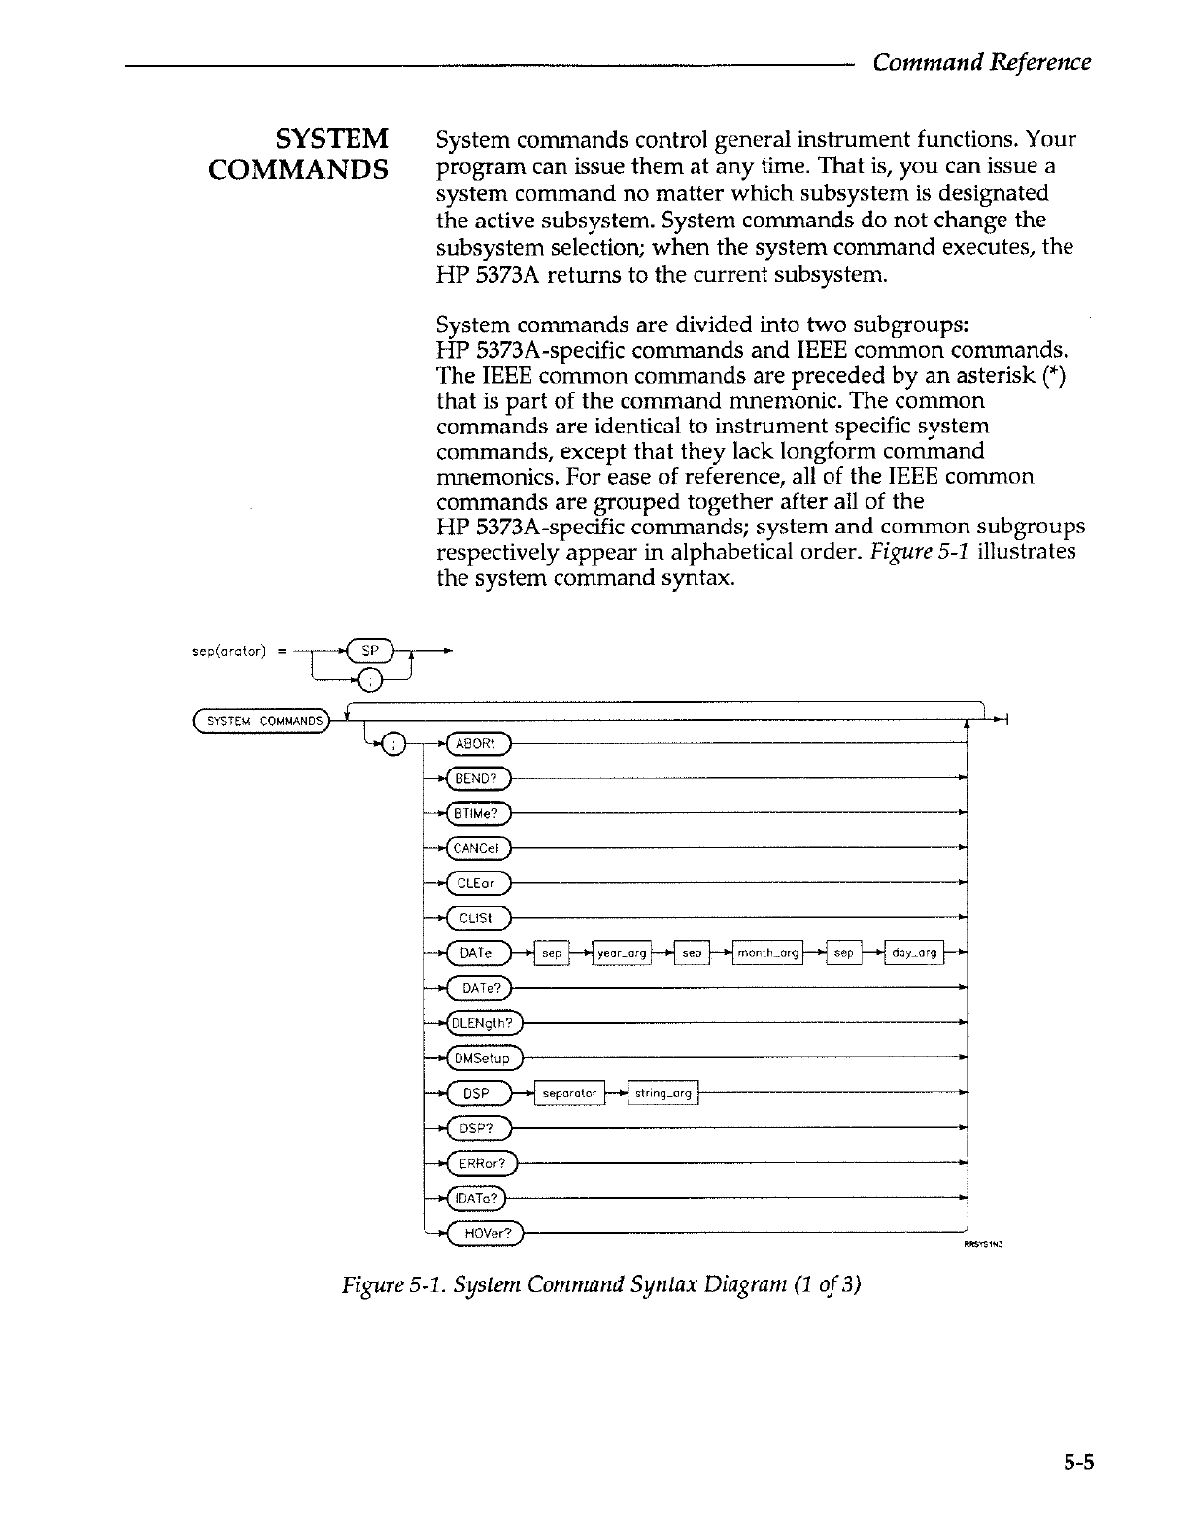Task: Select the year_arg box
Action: click(623, 953)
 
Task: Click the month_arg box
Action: click(767, 953)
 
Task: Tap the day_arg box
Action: click(914, 953)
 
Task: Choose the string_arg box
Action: click(663, 1094)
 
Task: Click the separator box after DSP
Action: click(569, 1094)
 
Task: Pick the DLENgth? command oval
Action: click(483, 1023)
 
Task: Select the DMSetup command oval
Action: click(483, 1058)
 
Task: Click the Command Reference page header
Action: click(981, 62)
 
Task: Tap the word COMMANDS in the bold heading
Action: click(298, 169)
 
